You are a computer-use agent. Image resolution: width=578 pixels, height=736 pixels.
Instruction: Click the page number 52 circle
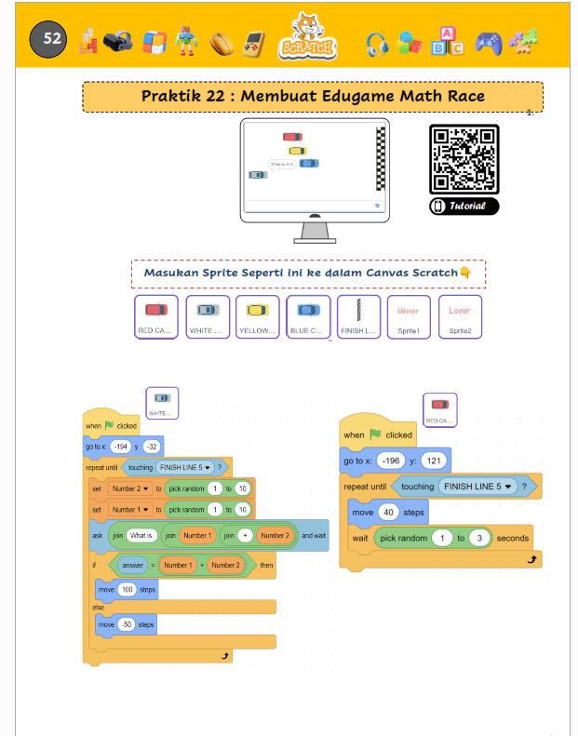48,39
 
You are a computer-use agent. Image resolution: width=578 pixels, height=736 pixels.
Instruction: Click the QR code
464,158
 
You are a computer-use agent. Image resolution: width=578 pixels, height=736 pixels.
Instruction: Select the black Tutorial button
464,206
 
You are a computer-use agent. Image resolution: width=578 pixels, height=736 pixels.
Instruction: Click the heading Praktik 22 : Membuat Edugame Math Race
313,97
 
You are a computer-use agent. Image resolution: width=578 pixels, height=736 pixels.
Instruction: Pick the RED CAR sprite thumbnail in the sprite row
155,317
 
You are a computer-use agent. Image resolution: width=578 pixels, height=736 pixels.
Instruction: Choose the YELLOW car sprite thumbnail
257,317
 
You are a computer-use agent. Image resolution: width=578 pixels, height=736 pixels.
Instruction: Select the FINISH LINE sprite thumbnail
358,317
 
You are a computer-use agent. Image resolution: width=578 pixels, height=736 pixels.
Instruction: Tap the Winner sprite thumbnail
409,317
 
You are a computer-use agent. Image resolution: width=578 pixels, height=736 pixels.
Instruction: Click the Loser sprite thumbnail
460,317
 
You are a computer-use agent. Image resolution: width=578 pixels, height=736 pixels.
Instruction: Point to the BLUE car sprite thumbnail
308,317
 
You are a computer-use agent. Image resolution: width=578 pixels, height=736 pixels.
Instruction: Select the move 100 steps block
126,590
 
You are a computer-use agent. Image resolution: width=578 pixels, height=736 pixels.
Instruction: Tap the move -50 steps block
126,624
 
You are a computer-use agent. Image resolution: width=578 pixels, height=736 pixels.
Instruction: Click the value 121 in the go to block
433,461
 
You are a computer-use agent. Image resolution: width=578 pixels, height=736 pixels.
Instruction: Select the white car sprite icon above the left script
162,403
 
